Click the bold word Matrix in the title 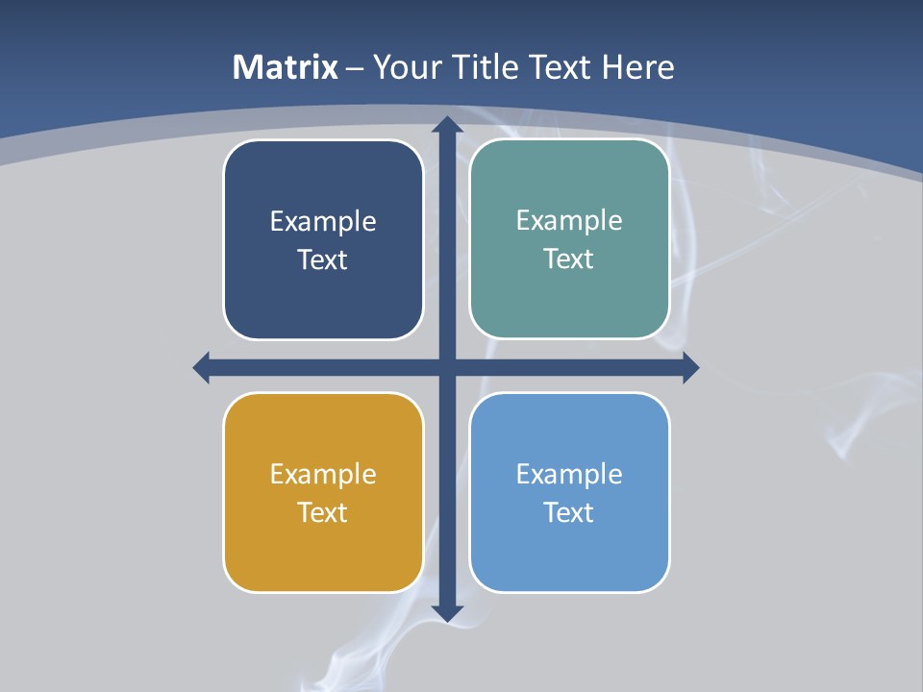click(x=286, y=67)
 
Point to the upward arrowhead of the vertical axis click(x=447, y=123)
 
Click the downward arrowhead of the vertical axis click(x=447, y=613)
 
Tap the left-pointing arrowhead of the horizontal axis click(x=201, y=367)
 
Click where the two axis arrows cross click(x=447, y=367)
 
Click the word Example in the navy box click(x=323, y=221)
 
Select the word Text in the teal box click(x=569, y=259)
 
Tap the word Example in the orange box click(x=323, y=474)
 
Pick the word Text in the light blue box click(x=569, y=512)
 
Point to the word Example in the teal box click(x=569, y=220)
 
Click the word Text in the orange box click(x=323, y=512)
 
